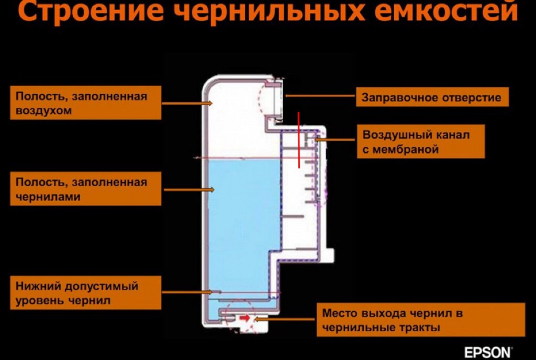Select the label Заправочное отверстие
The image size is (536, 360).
(x=432, y=97)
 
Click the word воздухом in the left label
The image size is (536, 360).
(x=44, y=110)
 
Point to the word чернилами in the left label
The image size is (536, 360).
(x=48, y=197)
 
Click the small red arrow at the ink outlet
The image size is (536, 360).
(x=245, y=318)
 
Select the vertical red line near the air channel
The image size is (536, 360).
(x=299, y=140)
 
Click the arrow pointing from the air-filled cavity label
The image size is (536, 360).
(x=187, y=103)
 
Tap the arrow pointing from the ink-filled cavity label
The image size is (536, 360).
(x=189, y=189)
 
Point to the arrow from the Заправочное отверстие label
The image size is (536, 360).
(x=320, y=96)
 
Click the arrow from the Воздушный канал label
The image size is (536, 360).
(x=336, y=139)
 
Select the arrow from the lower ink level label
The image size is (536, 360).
(x=187, y=292)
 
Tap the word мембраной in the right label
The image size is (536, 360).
(x=400, y=150)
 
